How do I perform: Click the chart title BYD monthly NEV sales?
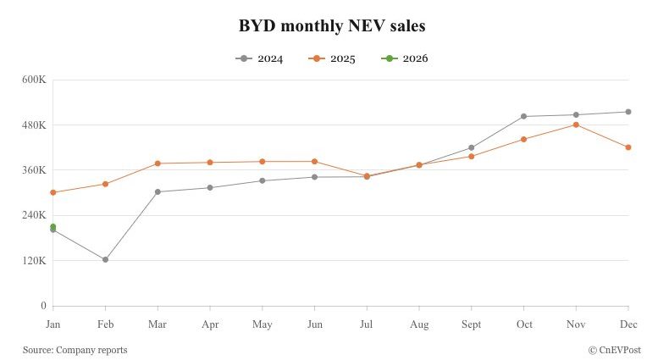click(x=332, y=26)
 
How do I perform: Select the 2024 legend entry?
click(x=259, y=58)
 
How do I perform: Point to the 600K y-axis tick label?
click(x=34, y=80)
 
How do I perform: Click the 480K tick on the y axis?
click(x=34, y=125)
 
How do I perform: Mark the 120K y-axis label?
click(x=34, y=261)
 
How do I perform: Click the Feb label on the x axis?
click(x=105, y=324)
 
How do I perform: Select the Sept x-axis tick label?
click(x=471, y=324)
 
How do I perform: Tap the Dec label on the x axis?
click(x=628, y=324)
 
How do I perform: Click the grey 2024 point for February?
click(x=105, y=259)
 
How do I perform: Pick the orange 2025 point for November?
click(x=576, y=125)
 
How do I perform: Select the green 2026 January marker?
click(x=53, y=226)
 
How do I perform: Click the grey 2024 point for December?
click(x=628, y=112)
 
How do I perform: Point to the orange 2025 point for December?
click(x=628, y=147)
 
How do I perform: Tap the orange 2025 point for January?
click(x=53, y=192)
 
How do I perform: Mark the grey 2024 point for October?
click(x=523, y=116)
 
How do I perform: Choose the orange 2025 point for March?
click(x=158, y=163)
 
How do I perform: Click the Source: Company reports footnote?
click(x=75, y=349)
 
